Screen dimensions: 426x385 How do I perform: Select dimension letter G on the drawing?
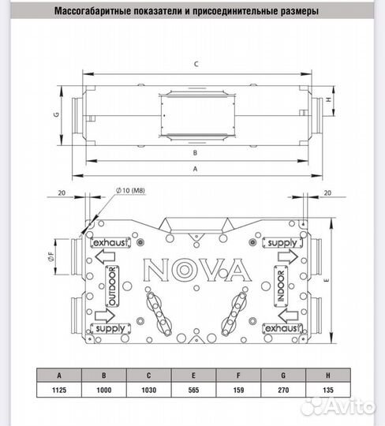click(x=57, y=114)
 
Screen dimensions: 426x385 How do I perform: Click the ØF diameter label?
click(x=50, y=256)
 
